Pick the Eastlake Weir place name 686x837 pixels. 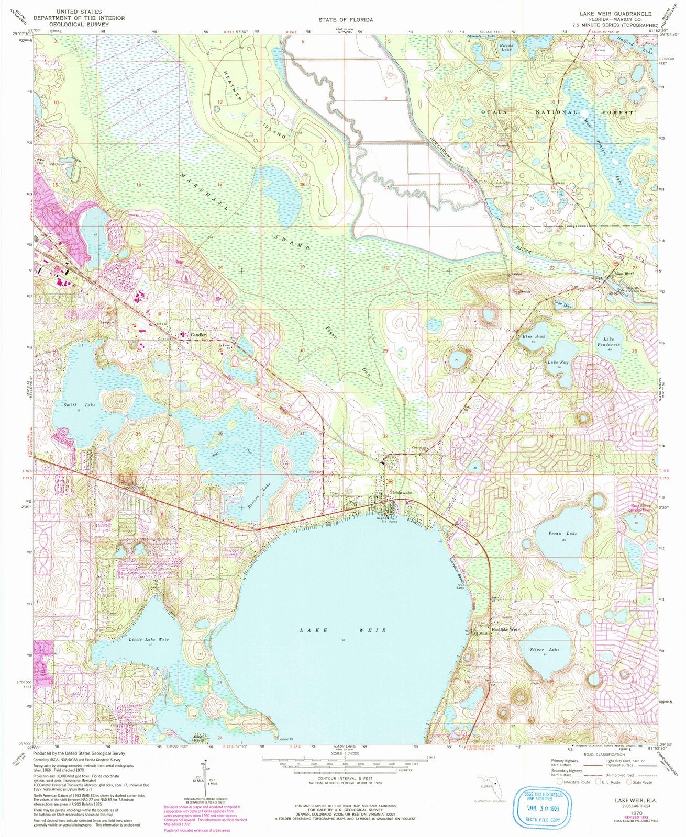(x=505, y=629)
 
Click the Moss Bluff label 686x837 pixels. (x=625, y=273)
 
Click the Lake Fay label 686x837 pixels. (x=557, y=362)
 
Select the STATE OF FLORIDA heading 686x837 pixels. (x=346, y=20)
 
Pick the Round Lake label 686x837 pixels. (x=506, y=48)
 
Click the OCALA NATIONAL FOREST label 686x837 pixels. (x=550, y=112)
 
